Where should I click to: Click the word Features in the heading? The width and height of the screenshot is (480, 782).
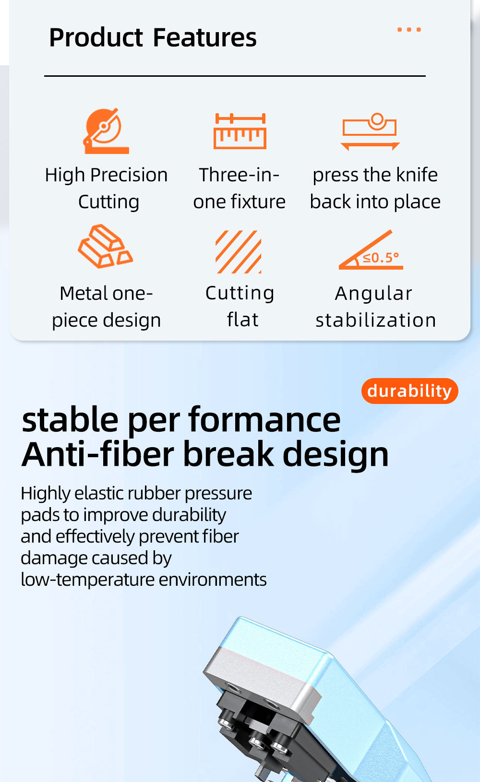click(204, 37)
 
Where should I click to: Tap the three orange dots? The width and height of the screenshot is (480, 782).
click(409, 30)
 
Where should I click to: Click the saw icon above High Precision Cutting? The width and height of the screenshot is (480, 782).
click(106, 131)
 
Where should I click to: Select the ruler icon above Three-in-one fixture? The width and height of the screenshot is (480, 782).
click(240, 131)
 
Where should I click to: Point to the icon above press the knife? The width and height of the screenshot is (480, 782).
click(370, 131)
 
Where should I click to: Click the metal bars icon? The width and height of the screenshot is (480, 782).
click(105, 246)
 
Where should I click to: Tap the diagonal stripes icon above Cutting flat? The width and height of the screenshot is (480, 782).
click(239, 252)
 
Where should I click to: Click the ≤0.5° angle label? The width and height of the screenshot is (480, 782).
click(381, 258)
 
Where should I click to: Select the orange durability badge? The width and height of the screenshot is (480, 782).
click(409, 391)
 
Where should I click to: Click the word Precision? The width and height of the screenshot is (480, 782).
click(129, 175)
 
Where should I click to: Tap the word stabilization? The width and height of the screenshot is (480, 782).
click(376, 320)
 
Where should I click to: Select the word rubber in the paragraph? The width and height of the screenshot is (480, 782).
click(155, 493)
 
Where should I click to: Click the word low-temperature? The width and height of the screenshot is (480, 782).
click(88, 580)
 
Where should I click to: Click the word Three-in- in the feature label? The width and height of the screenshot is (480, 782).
click(240, 175)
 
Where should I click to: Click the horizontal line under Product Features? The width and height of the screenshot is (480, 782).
click(235, 76)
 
